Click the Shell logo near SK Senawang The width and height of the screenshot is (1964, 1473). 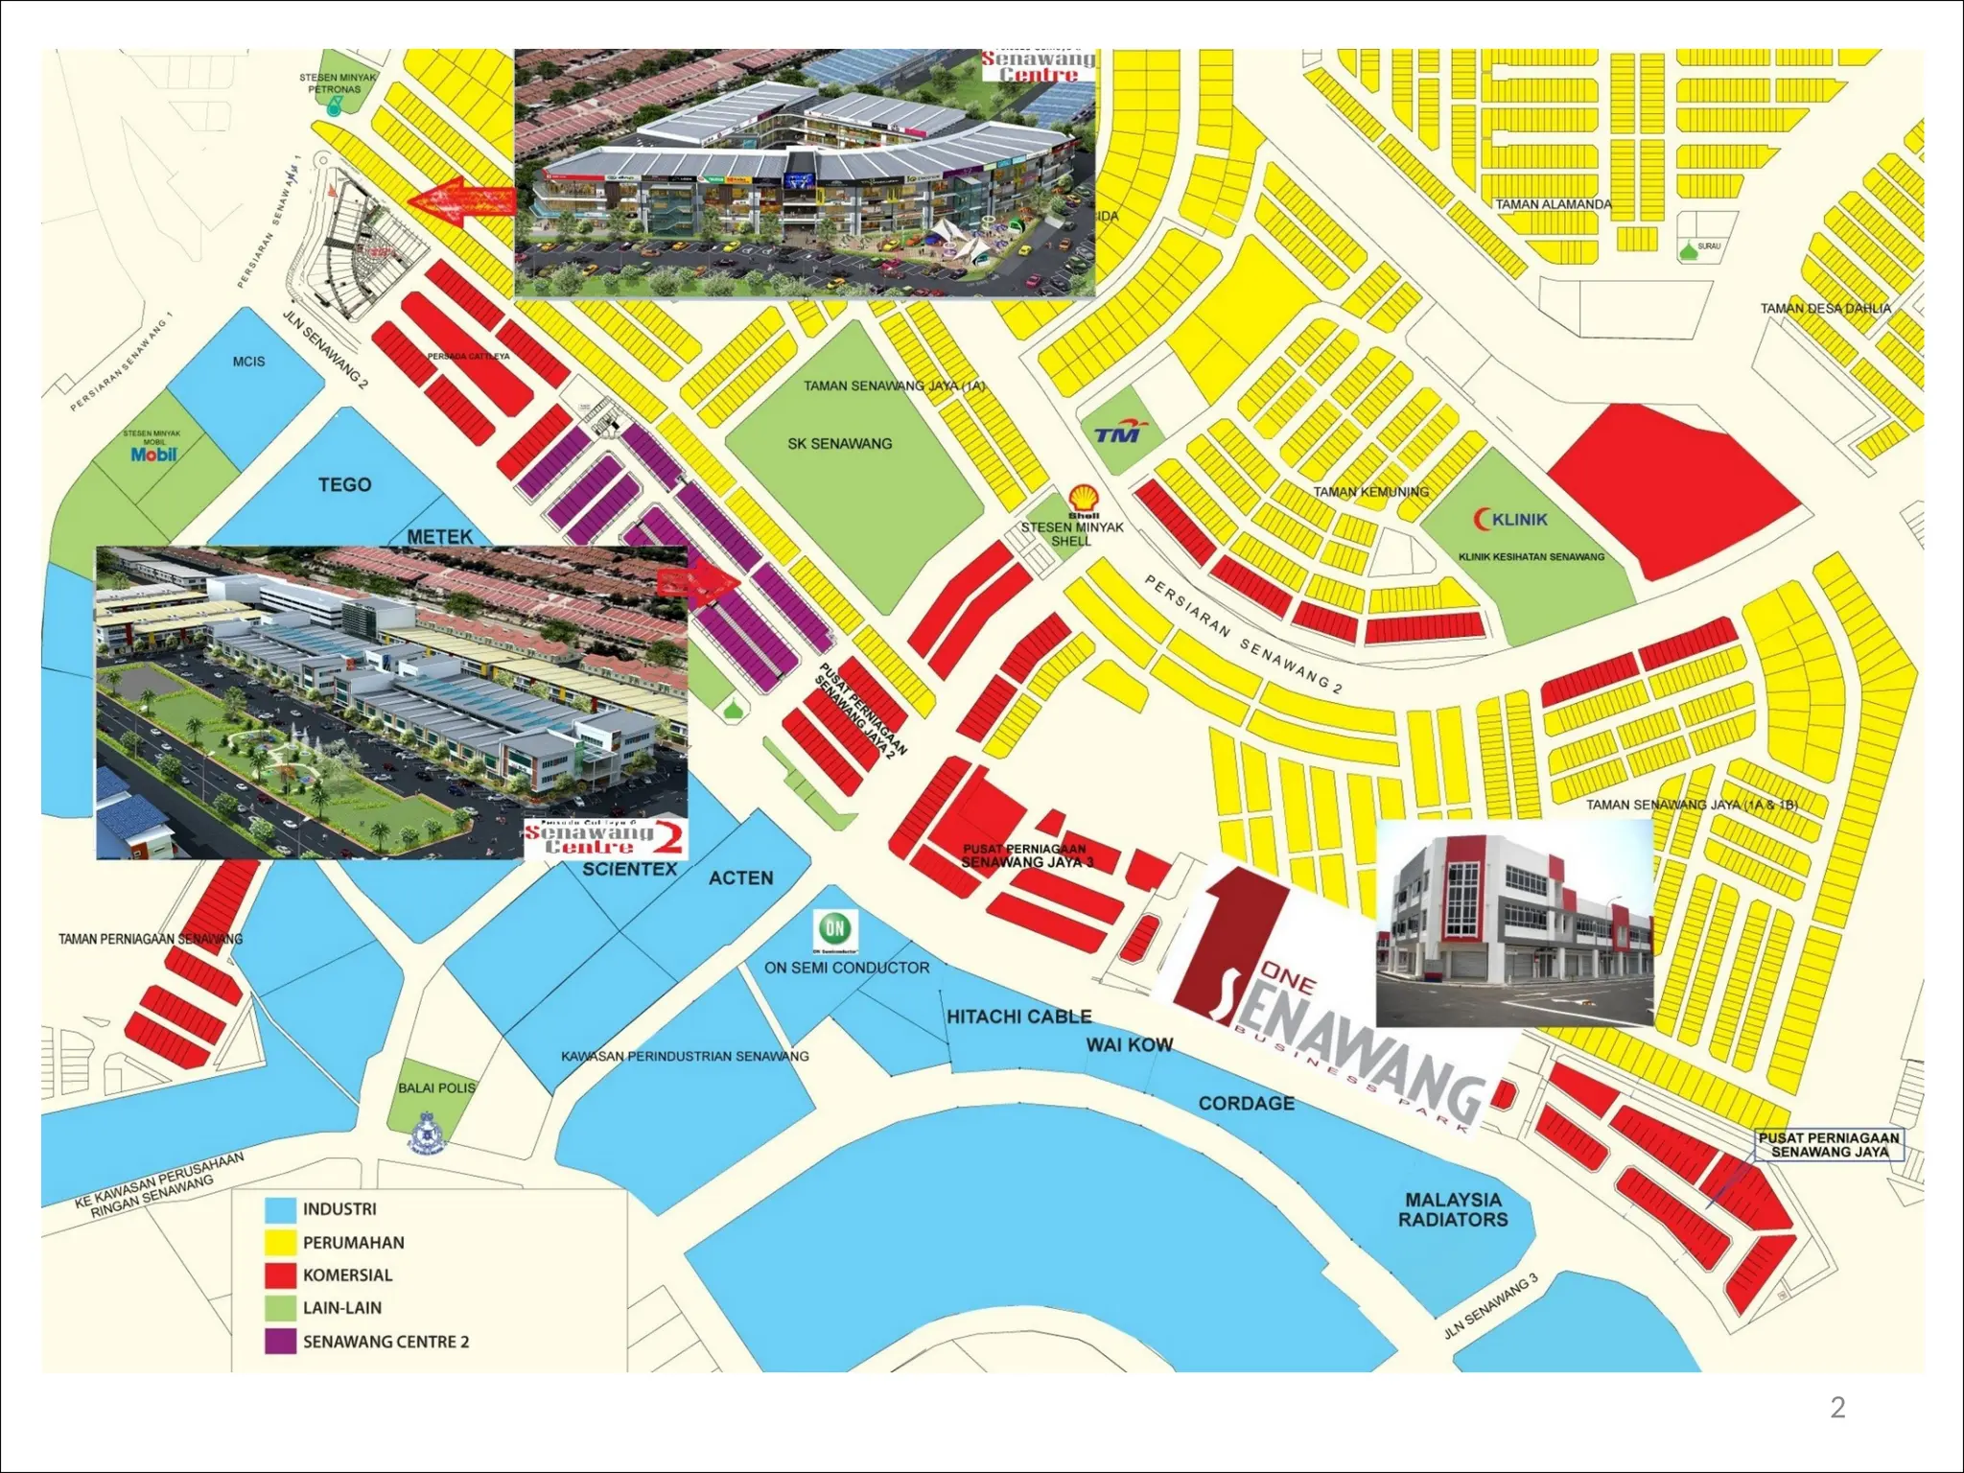[1084, 499]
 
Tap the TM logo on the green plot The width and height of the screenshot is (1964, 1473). [1118, 433]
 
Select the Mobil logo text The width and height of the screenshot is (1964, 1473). [153, 455]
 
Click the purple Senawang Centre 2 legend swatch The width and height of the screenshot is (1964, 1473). [280, 1341]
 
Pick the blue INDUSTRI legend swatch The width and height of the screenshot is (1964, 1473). [280, 1209]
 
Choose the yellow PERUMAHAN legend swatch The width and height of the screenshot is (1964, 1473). [280, 1243]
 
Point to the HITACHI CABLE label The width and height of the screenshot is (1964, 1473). [1018, 1017]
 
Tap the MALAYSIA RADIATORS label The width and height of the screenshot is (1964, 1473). [1452, 1209]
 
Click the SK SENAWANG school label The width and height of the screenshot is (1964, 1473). [839, 444]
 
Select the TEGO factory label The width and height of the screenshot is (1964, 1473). [344, 485]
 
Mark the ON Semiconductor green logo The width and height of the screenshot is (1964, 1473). [834, 928]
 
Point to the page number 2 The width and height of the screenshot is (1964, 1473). [1837, 1407]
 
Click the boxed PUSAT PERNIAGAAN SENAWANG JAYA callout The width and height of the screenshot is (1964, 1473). [1829, 1144]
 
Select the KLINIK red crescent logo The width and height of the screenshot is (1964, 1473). [1482, 519]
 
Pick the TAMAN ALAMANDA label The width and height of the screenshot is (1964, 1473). [1553, 204]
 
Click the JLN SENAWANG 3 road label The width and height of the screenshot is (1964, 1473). [1490, 1306]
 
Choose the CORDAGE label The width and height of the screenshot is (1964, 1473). [1246, 1104]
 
